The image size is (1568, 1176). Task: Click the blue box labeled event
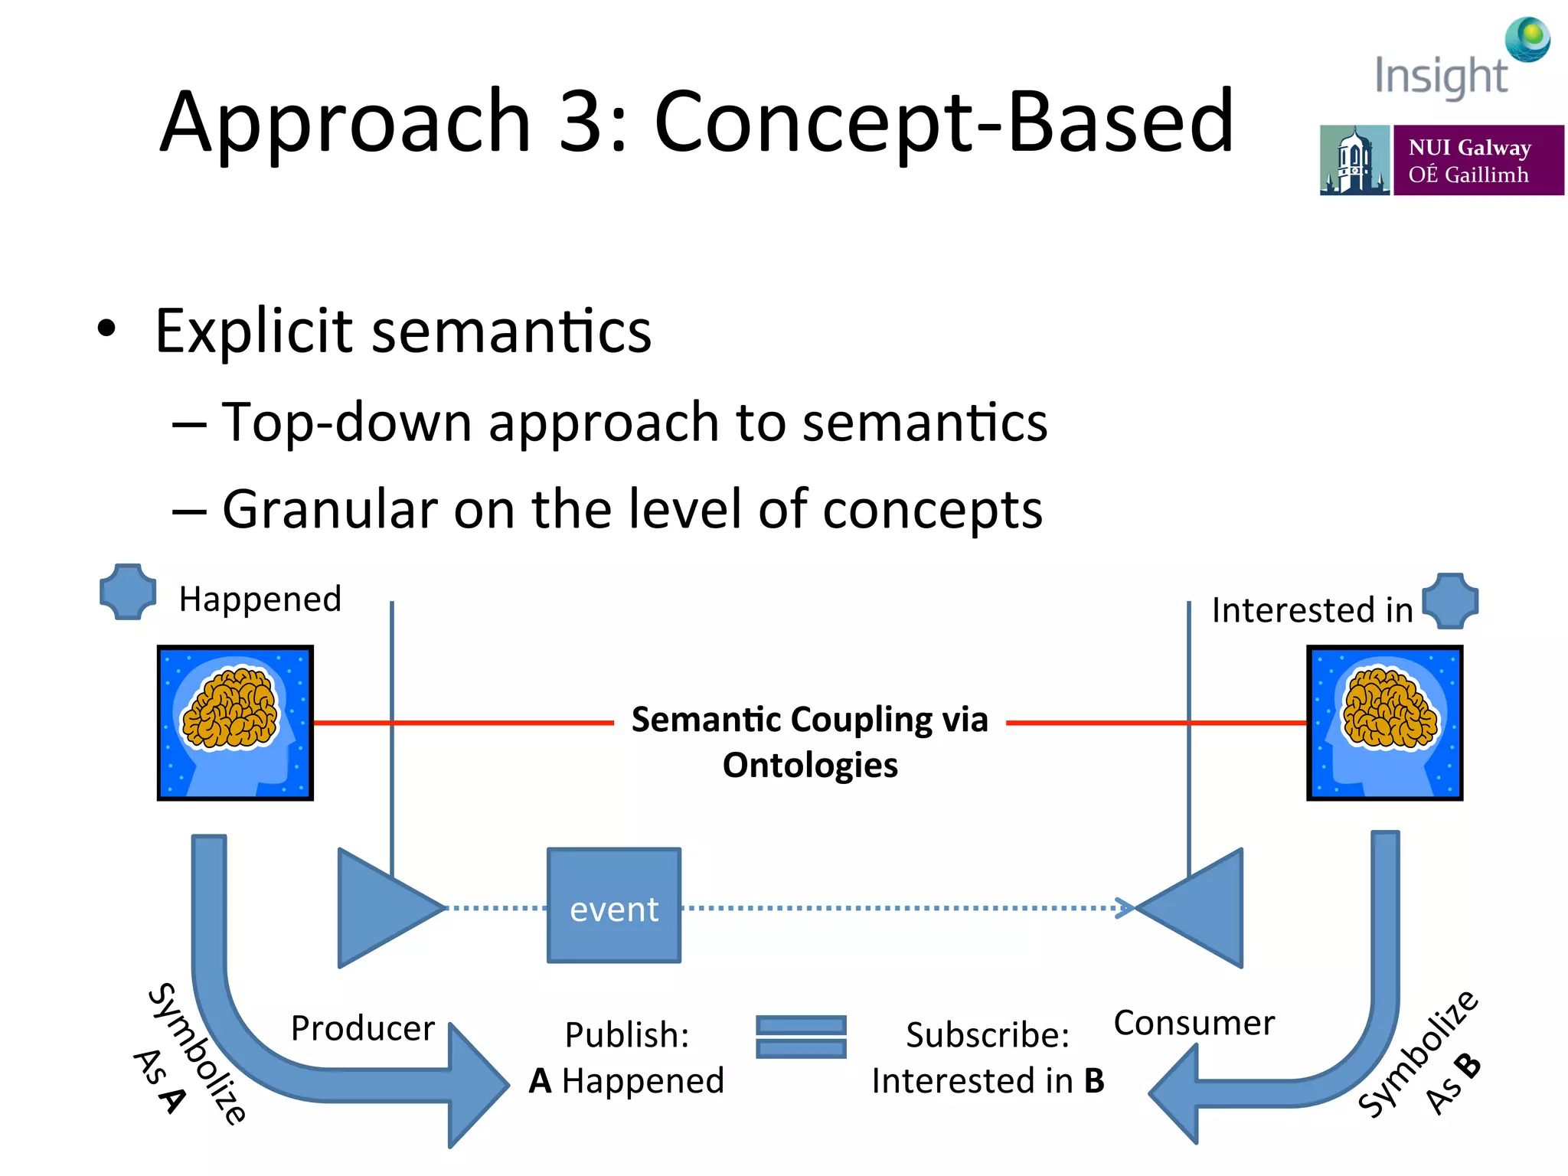(614, 905)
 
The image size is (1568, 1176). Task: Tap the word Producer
(362, 1027)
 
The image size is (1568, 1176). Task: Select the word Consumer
(1194, 1022)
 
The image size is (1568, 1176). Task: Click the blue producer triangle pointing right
(383, 907)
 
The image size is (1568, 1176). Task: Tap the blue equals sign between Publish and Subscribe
(801, 1037)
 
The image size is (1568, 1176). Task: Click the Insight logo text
(1441, 76)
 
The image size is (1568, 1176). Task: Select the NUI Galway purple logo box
(1478, 160)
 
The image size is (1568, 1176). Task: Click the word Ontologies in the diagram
(810, 765)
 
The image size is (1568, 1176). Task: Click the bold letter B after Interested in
(1094, 1080)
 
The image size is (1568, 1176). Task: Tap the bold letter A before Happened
(541, 1080)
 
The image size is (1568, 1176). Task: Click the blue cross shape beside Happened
(128, 591)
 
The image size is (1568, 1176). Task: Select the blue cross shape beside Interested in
(1450, 601)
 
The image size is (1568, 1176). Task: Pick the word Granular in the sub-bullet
(329, 509)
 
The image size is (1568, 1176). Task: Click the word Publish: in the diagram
(627, 1034)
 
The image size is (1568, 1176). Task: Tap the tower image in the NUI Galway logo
(1354, 160)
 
